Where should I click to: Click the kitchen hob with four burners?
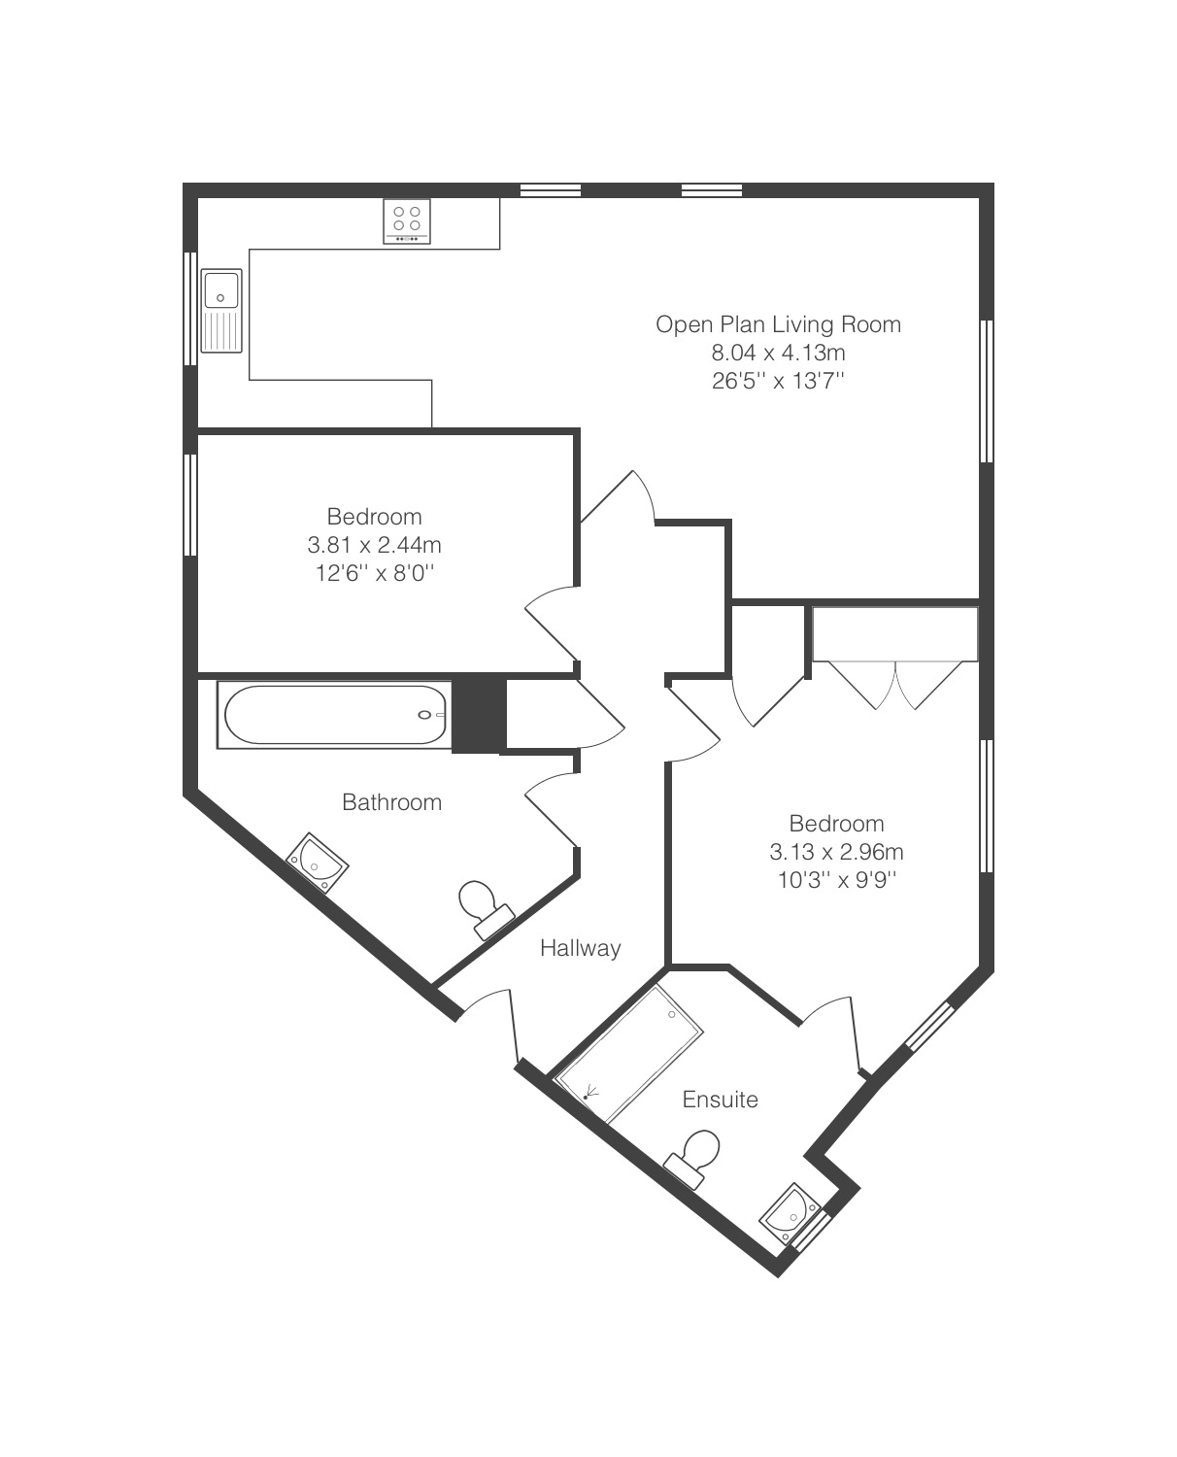[406, 220]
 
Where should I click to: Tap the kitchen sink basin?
[220, 289]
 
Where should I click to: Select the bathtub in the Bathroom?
[334, 714]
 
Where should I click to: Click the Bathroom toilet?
[485, 909]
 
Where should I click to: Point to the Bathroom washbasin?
[318, 863]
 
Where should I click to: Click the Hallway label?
[580, 948]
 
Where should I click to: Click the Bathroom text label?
[392, 801]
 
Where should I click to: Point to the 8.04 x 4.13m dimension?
[778, 353]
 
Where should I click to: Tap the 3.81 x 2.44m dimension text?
[374, 545]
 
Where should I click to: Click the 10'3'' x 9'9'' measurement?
[837, 880]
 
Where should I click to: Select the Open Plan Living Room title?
[778, 323]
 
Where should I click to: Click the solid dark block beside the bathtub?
[479, 714]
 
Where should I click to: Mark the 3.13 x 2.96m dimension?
[836, 852]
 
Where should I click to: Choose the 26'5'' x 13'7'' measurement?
[778, 381]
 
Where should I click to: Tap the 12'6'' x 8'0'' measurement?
[375, 572]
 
